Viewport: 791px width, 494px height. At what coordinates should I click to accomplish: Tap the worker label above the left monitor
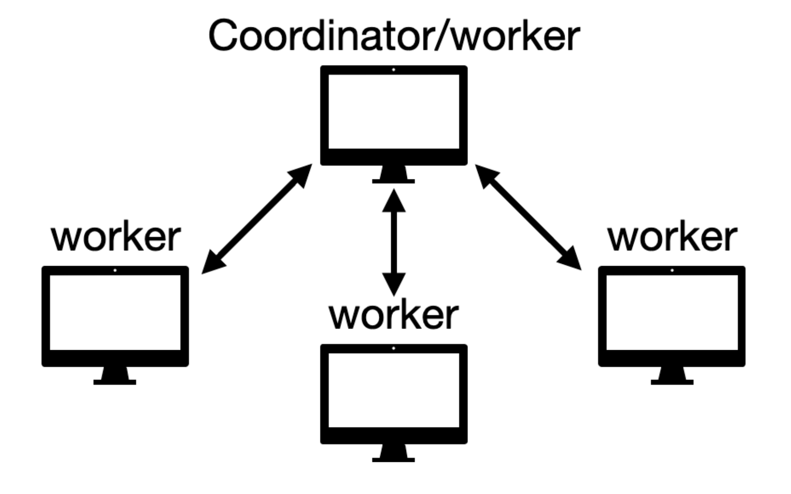116,238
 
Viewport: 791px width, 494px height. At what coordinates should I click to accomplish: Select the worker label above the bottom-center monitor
394,315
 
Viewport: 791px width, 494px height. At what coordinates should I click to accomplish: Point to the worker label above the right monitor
672,238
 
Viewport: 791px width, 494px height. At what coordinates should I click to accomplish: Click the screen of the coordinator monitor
394,111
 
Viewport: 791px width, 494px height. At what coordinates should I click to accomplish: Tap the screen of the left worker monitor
115,312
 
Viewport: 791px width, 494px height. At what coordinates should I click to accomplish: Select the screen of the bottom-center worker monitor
394,390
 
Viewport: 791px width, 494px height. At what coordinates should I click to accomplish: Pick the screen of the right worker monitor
672,312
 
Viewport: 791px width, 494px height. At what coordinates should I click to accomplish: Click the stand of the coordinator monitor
393,174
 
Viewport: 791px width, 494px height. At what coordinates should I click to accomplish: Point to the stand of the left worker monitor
115,376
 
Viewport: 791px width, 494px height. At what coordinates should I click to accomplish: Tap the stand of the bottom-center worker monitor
393,453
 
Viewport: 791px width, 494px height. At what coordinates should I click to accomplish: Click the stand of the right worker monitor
672,376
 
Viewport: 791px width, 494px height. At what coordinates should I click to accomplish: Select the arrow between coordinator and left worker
257,219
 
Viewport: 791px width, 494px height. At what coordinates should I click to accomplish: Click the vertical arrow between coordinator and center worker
394,242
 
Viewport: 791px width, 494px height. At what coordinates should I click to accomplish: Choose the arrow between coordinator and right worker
528,217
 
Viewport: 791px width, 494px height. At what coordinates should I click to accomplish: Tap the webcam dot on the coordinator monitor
393,70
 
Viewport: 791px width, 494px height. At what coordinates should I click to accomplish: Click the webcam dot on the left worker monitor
115,271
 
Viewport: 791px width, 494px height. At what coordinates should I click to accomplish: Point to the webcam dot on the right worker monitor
672,271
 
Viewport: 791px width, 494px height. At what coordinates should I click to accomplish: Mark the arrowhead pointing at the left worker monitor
212,263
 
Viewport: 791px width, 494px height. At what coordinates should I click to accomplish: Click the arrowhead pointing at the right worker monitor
570,259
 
